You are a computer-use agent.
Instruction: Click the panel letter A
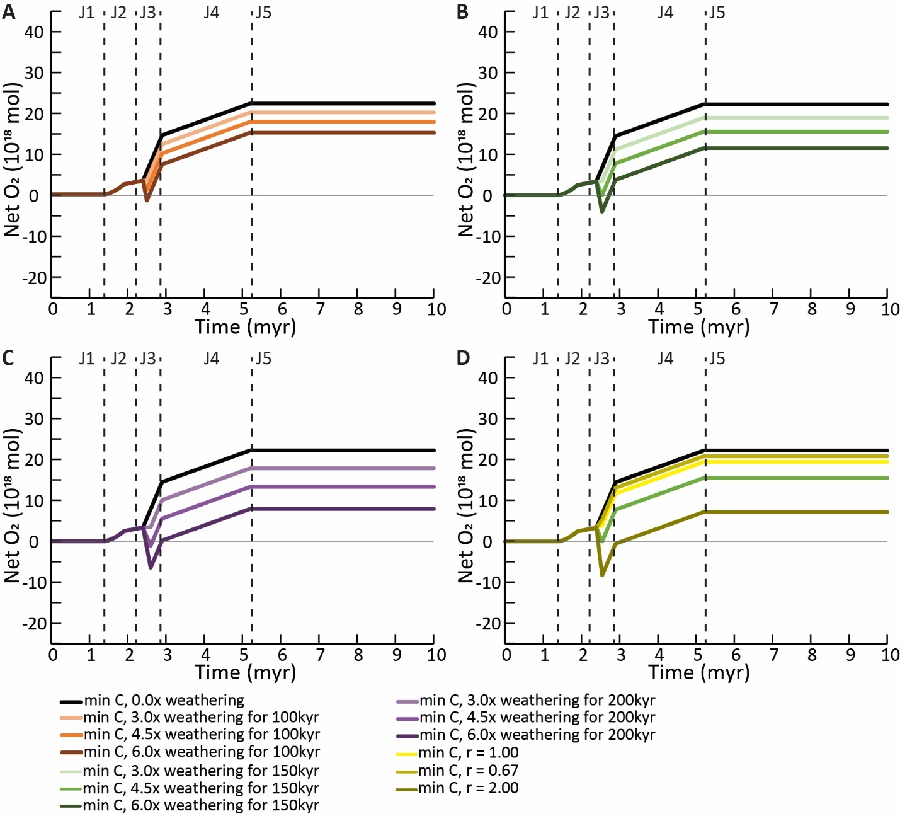click(8, 12)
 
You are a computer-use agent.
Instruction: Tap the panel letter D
click(463, 358)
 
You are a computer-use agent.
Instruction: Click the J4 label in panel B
click(665, 13)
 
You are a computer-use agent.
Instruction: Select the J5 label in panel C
click(263, 359)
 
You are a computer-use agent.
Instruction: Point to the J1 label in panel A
click(86, 13)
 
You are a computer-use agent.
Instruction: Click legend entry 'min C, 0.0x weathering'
click(164, 700)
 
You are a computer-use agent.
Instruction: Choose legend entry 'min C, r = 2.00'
click(469, 788)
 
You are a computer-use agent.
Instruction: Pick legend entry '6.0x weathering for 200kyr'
click(537, 735)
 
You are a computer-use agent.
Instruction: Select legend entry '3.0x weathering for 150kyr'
click(201, 771)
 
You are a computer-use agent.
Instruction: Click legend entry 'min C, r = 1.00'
click(469, 752)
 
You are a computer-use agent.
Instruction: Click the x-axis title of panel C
click(245, 672)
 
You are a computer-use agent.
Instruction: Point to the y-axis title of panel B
click(466, 159)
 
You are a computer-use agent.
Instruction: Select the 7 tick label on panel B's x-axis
click(774, 309)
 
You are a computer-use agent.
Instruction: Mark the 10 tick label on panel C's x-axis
click(436, 655)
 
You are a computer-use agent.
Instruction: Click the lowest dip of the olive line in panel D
click(602, 575)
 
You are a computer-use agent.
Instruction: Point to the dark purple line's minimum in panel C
click(151, 567)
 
